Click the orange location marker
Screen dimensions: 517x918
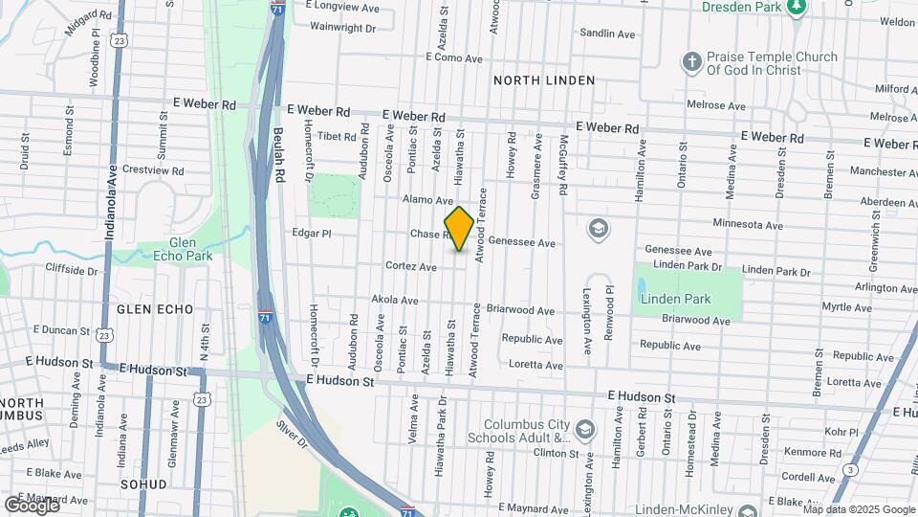(x=459, y=229)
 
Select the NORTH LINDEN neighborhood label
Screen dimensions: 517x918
(x=544, y=80)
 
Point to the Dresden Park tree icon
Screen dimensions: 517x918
(x=796, y=8)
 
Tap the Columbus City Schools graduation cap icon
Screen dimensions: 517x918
(x=586, y=427)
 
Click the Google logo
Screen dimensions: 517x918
(x=32, y=505)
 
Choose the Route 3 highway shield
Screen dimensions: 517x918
(x=851, y=469)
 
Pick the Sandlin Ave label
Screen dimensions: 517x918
(x=607, y=34)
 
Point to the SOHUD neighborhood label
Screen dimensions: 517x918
(x=144, y=484)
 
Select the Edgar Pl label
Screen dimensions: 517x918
(x=311, y=233)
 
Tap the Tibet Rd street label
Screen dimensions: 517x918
(x=336, y=137)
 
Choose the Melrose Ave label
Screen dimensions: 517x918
(x=716, y=105)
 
